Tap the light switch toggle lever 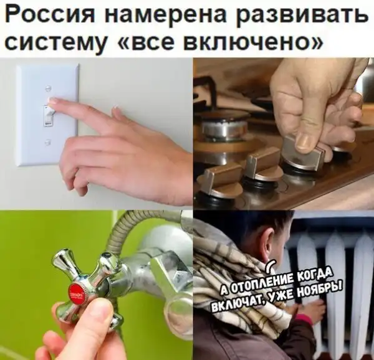click(x=49, y=115)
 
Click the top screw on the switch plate click(x=49, y=88)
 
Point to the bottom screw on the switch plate click(x=49, y=142)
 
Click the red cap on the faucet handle click(x=76, y=293)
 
